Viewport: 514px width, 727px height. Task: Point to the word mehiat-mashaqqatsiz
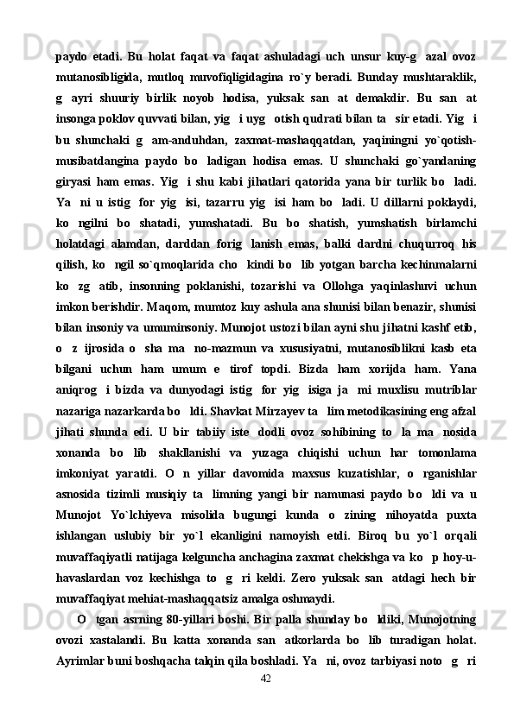(x=194, y=597)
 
